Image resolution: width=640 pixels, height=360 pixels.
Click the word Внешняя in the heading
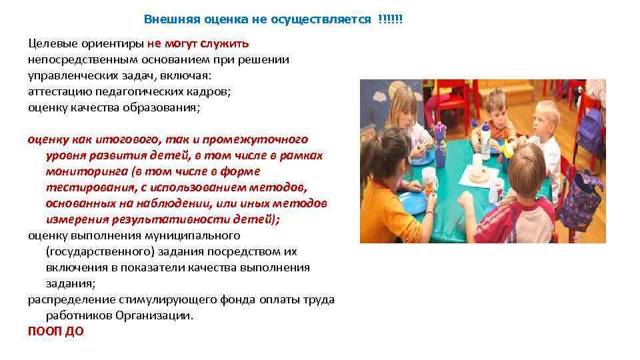[167, 19]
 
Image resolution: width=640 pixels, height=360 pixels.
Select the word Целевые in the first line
[52, 43]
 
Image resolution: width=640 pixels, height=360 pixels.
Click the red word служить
[229, 43]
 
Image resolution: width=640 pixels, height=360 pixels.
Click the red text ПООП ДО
[56, 331]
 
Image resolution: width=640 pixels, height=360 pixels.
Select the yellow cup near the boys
[508, 149]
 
